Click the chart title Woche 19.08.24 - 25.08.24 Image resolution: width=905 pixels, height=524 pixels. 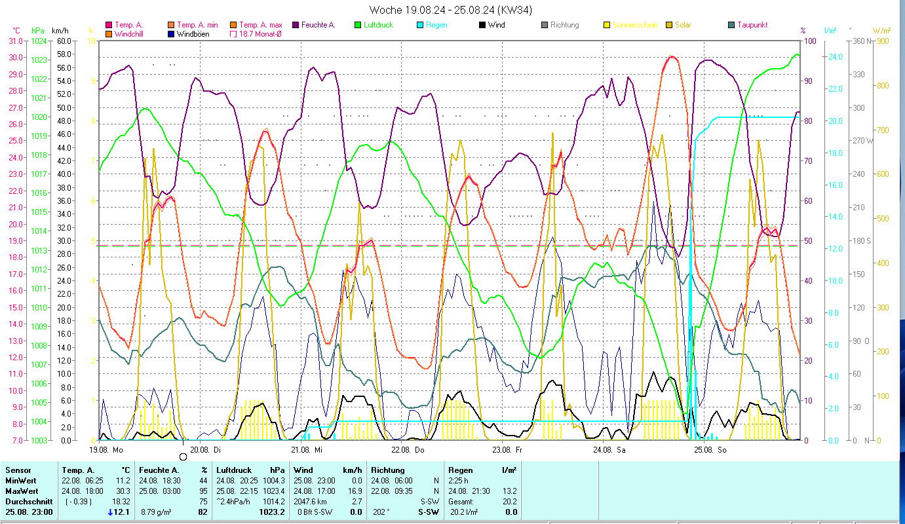click(451, 10)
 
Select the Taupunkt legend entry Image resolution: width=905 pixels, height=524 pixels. click(752, 25)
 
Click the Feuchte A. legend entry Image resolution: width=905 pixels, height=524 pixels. click(318, 25)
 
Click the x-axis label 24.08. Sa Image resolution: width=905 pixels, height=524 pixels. click(609, 450)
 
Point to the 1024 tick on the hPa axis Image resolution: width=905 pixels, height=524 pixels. click(39, 41)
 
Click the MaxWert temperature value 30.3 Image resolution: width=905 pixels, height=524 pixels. click(122, 491)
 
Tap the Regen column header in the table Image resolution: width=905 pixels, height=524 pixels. click(459, 470)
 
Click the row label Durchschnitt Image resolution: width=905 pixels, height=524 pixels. click(28, 502)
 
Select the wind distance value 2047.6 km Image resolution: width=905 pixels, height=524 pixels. click(312, 502)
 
